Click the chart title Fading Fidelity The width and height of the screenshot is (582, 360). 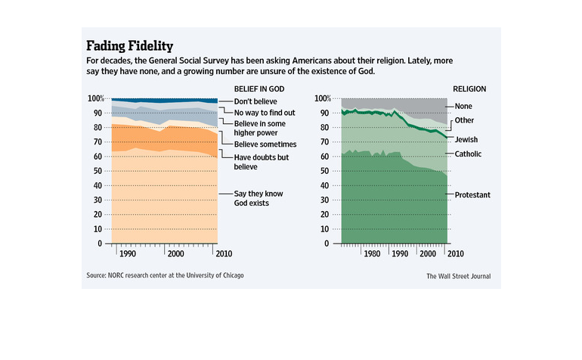pos(129,45)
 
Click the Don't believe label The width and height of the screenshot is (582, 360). pos(255,101)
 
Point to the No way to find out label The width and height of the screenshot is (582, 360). pos(263,113)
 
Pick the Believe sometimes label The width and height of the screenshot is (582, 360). pos(265,144)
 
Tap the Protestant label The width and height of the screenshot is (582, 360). pos(472,195)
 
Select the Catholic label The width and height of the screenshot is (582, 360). pos(469,154)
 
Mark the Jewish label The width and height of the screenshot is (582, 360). pos(466,140)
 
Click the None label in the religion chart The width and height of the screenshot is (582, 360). pos(464,107)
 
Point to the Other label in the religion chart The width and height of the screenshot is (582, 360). pos(464,120)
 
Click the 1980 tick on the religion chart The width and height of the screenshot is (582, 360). pos(372,254)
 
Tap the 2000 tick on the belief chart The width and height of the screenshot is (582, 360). pos(175,254)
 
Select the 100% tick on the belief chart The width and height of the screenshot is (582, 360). pos(95,98)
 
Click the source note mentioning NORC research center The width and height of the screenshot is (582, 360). pos(165,275)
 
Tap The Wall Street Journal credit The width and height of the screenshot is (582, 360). pos(459,276)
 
